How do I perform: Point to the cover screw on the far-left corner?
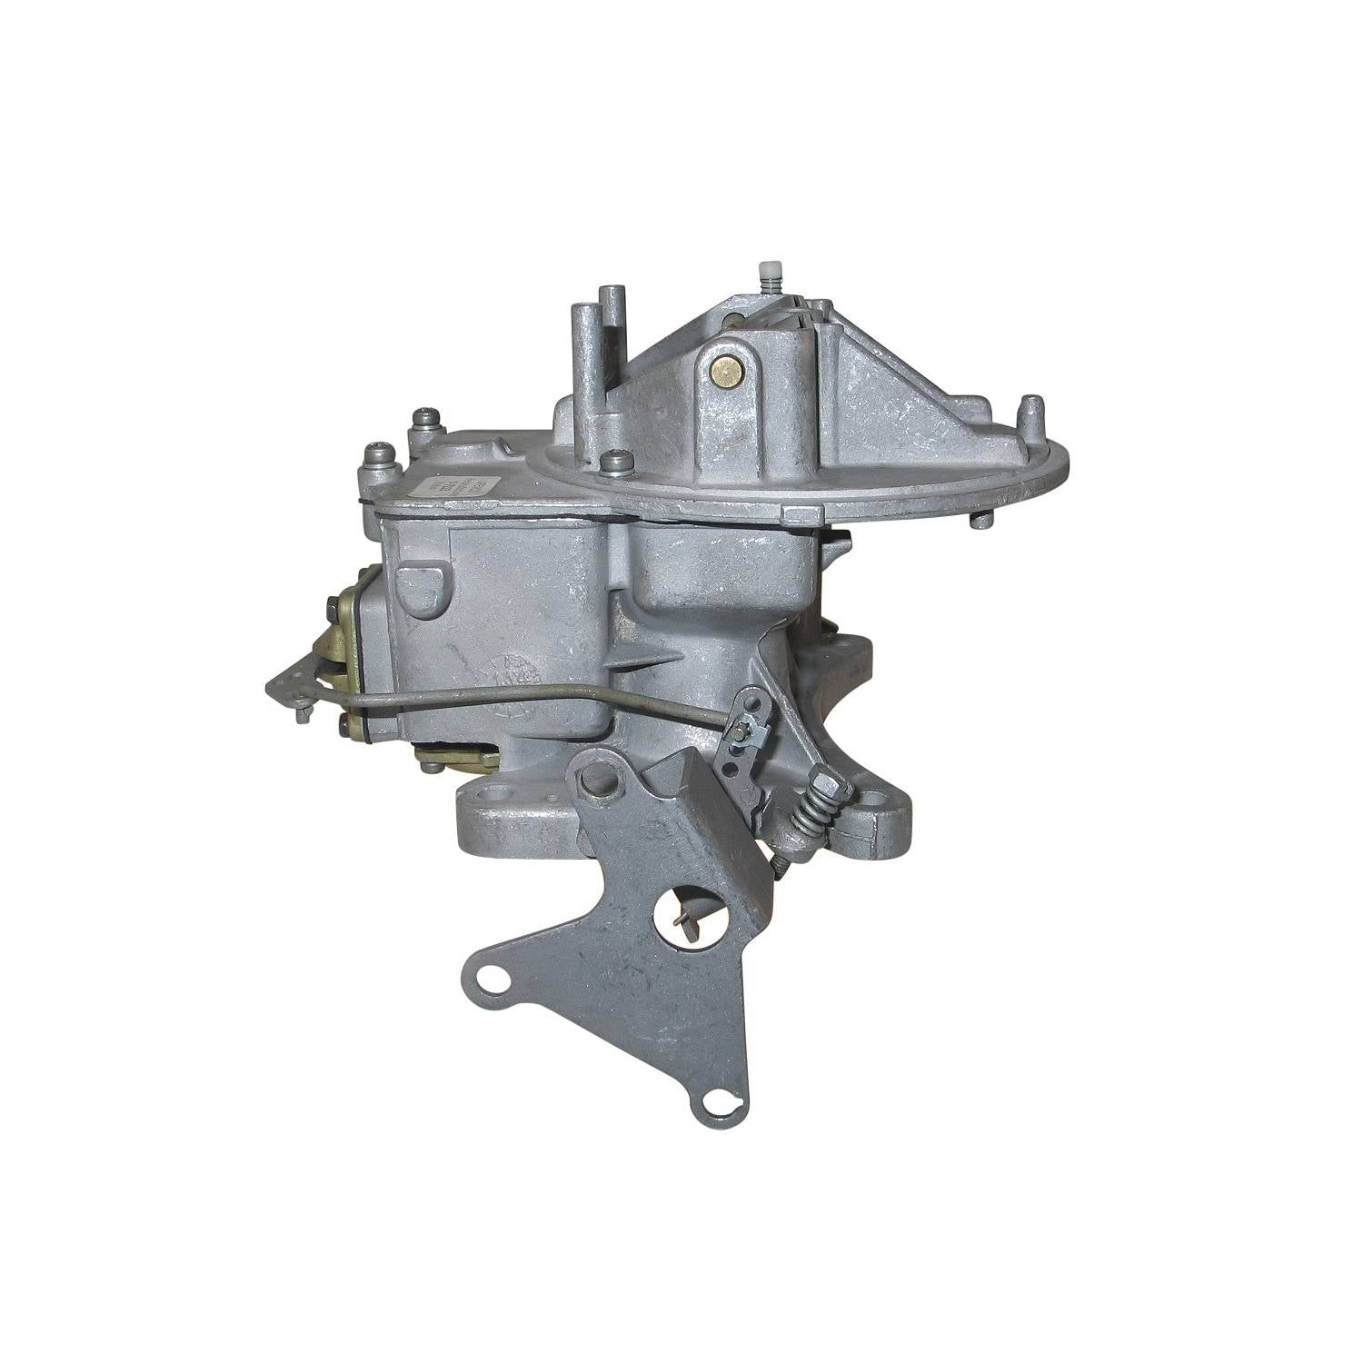379,454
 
